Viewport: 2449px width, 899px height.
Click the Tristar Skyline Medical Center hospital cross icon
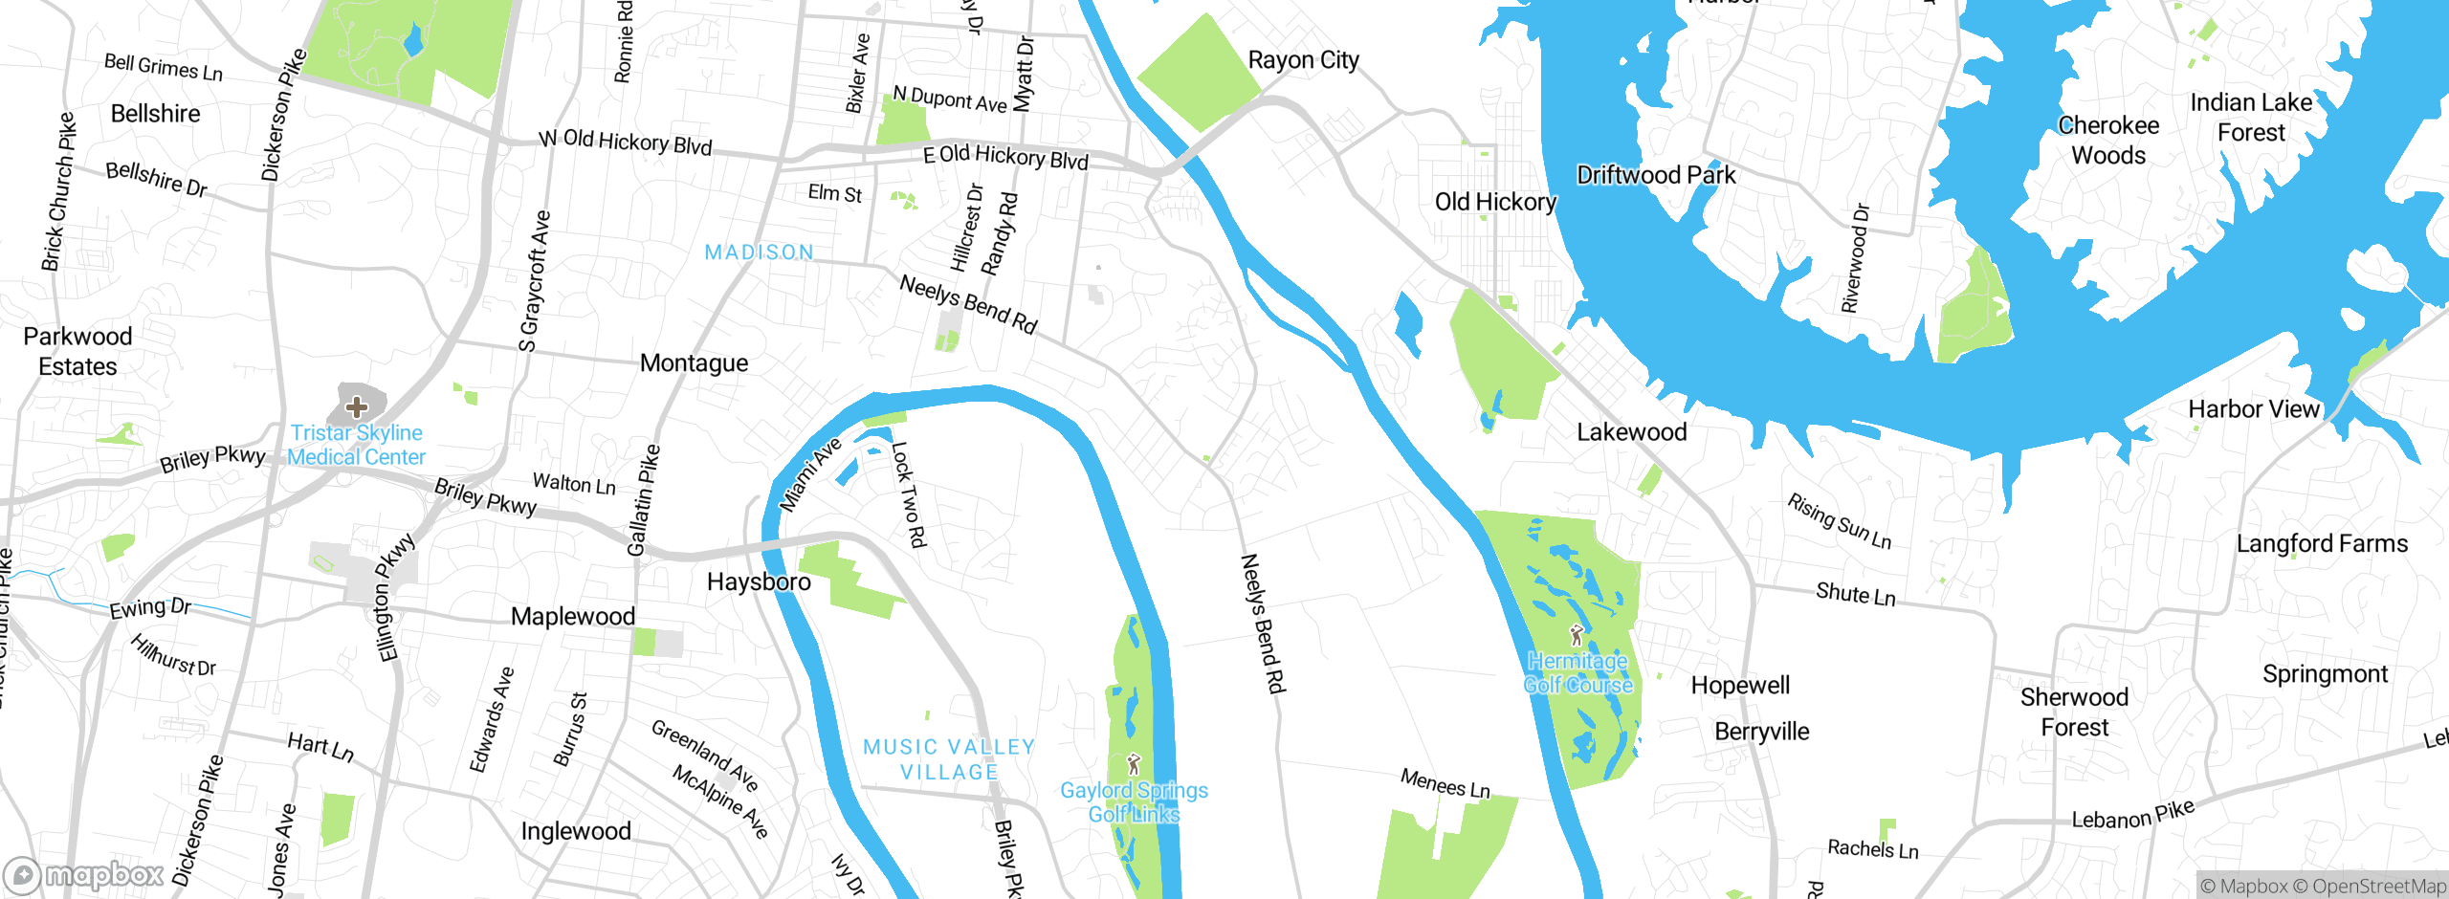[x=356, y=406]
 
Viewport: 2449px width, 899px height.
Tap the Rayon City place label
[x=1303, y=60]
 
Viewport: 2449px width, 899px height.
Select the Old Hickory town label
[x=1494, y=202]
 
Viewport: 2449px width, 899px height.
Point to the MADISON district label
[x=759, y=252]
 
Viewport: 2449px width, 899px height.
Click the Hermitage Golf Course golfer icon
[x=1577, y=635]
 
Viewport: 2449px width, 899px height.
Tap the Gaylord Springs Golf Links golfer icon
[x=1134, y=764]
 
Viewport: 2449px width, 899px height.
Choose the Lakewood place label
[x=1631, y=432]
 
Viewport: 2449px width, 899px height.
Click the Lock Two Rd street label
[x=909, y=494]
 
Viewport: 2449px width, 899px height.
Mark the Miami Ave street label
[x=809, y=474]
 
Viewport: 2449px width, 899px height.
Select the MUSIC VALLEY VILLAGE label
[x=949, y=759]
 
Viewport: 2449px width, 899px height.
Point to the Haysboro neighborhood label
[x=759, y=581]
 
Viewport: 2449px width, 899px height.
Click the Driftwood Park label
[x=1655, y=175]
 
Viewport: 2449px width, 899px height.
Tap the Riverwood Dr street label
[x=1855, y=258]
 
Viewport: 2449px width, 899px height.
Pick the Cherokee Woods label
[x=2108, y=141]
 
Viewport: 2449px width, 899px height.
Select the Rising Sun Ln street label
[x=1839, y=521]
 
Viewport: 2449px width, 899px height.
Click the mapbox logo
[x=84, y=875]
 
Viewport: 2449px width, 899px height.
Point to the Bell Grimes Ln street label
[x=163, y=68]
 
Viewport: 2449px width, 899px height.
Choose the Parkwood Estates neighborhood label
[x=77, y=351]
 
